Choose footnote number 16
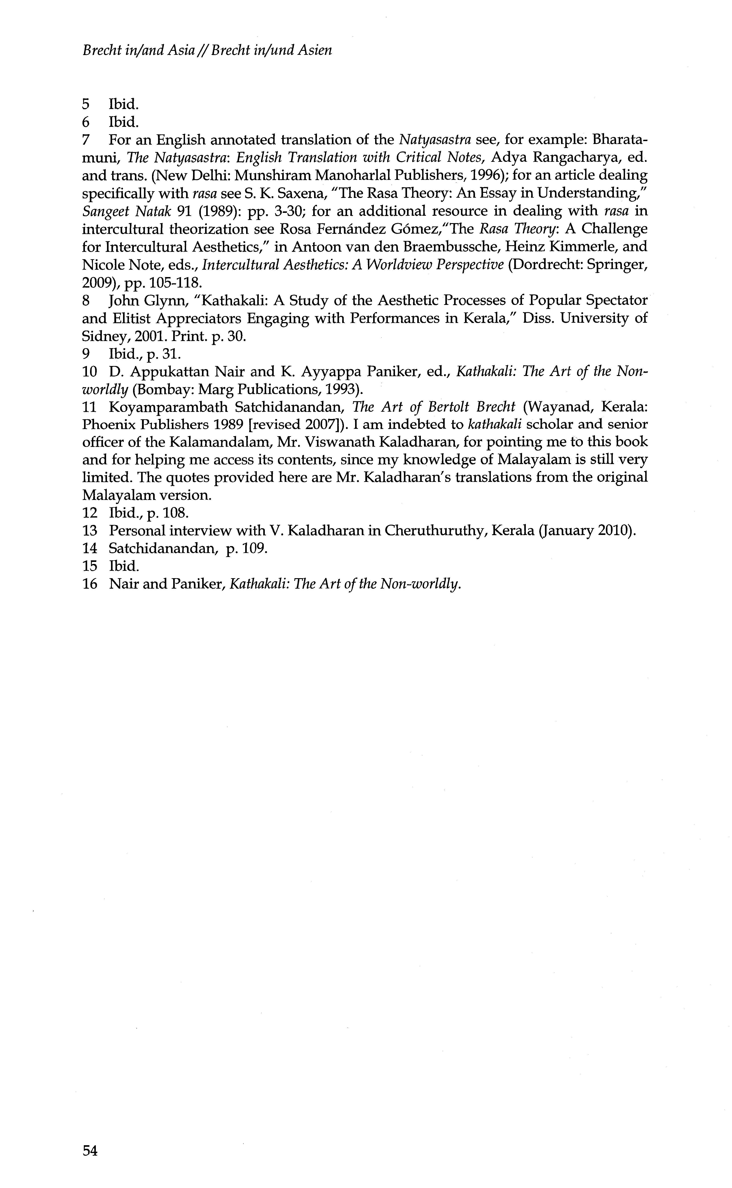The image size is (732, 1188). [x=90, y=584]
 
